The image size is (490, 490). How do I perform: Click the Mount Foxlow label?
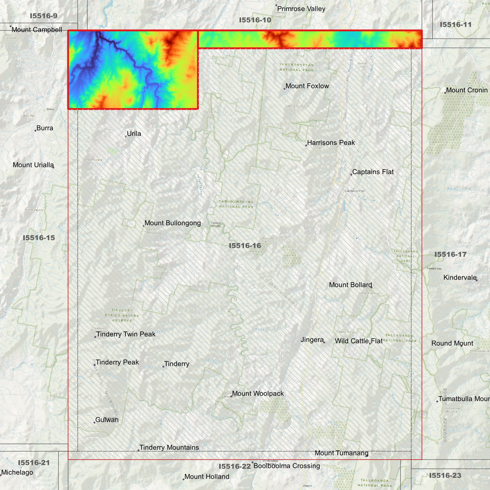pyautogui.click(x=307, y=86)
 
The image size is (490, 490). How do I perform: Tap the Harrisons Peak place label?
pyautogui.click(x=331, y=143)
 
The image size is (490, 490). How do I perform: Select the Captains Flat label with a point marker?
pyautogui.click(x=373, y=172)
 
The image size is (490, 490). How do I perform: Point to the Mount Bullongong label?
pyautogui.click(x=173, y=223)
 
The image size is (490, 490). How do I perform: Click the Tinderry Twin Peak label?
pyautogui.click(x=126, y=334)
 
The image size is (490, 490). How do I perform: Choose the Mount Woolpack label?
pyautogui.click(x=258, y=394)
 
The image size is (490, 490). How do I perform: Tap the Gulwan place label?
pyautogui.click(x=107, y=420)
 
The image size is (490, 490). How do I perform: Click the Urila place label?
pyautogui.click(x=134, y=134)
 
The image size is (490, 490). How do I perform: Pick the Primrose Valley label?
pyautogui.click(x=301, y=9)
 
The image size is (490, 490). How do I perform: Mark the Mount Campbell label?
pyautogui.click(x=37, y=30)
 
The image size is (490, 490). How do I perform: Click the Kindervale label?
pyautogui.click(x=460, y=278)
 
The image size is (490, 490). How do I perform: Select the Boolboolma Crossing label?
pyautogui.click(x=287, y=466)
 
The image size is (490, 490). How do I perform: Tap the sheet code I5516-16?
pyautogui.click(x=245, y=246)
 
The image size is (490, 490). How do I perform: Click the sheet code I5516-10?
pyautogui.click(x=255, y=20)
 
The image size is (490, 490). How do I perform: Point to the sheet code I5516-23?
pyautogui.click(x=445, y=475)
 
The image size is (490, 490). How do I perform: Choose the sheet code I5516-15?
pyautogui.click(x=39, y=238)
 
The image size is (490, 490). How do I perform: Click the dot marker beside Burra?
pyautogui.click(x=35, y=131)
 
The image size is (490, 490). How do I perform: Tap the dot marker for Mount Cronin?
pyautogui.click(x=445, y=93)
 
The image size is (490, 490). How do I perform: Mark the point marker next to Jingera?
pyautogui.click(x=324, y=342)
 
